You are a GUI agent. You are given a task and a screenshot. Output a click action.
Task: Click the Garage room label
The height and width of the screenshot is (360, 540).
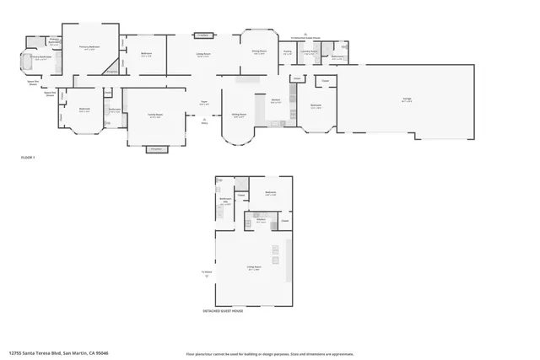[407, 99]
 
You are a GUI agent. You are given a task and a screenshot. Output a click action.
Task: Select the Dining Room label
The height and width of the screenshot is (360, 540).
[258, 52]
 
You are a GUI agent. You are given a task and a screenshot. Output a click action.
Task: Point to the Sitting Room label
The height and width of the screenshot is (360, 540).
[239, 116]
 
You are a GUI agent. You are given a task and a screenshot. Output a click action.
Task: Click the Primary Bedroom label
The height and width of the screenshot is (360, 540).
[90, 48]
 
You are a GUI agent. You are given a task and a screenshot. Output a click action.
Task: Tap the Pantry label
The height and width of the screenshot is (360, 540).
[287, 52]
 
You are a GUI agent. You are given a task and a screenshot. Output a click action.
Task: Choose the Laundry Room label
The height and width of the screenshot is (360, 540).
[310, 52]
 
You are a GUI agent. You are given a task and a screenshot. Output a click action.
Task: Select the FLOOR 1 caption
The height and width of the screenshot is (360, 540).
[29, 158]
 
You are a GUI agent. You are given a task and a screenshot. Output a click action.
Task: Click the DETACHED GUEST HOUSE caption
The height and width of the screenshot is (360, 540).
[224, 310]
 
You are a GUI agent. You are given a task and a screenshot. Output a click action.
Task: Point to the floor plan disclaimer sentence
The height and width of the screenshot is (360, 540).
[270, 353]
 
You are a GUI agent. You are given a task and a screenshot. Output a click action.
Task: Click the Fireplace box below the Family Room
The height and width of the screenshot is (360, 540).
[155, 150]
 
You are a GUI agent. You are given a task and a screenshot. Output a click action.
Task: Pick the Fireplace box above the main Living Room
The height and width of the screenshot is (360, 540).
[203, 35]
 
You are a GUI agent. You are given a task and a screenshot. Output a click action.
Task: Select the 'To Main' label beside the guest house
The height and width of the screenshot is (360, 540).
[206, 273]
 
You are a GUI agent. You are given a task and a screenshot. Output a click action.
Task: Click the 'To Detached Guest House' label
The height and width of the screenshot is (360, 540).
[306, 37]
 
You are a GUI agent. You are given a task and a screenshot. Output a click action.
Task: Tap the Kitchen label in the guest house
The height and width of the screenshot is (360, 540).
[261, 220]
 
